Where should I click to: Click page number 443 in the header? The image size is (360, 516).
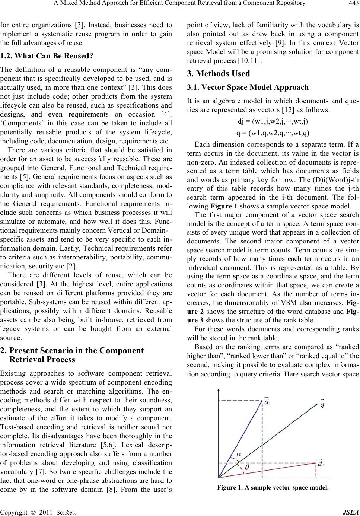[352, 4]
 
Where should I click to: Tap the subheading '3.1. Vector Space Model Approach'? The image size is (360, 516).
[247, 87]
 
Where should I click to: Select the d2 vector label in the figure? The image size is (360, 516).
[320, 464]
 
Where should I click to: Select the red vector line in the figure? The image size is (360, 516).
[268, 470]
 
